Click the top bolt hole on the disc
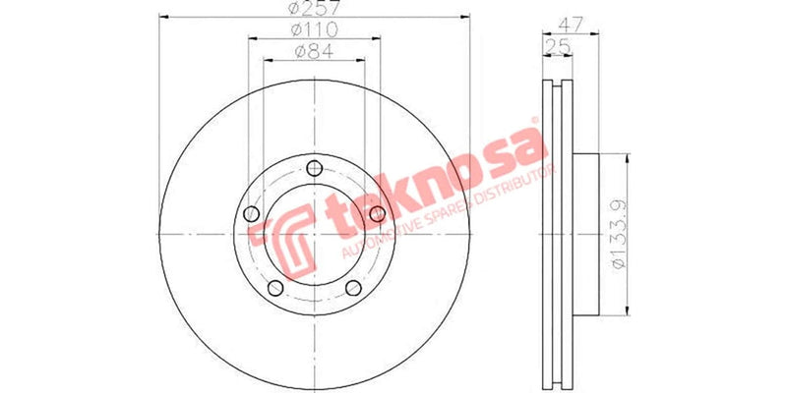tap(314, 166)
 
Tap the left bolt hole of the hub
tap(251, 214)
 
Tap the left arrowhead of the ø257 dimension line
tap(163, 17)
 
